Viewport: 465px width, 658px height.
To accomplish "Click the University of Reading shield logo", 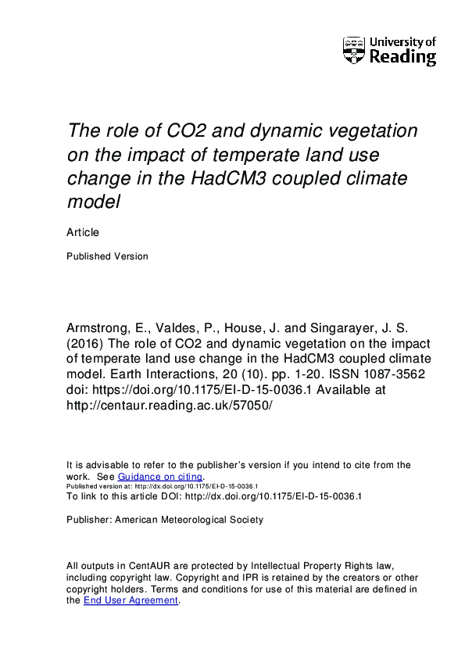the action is [353, 50].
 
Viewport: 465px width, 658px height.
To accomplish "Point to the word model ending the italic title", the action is [95, 202].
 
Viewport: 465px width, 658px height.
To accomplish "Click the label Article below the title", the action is [83, 232].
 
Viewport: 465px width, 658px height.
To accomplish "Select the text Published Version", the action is [107, 256].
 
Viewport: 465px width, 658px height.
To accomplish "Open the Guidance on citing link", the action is [160, 477].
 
